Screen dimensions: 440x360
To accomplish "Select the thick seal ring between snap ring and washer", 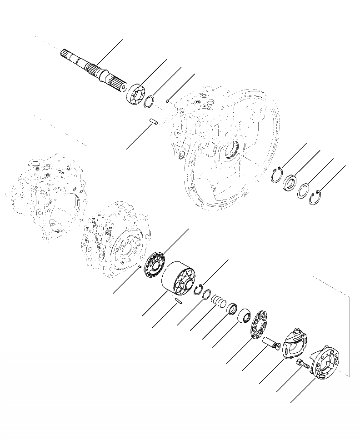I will point(289,182).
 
